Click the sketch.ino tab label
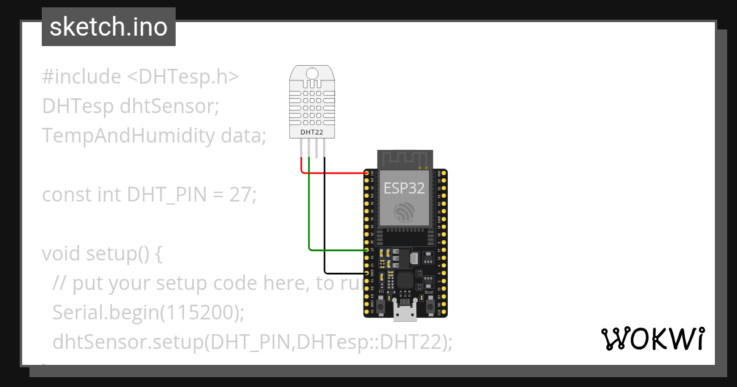[x=108, y=28]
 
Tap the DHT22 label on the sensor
[x=313, y=131]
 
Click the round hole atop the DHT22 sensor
[x=313, y=74]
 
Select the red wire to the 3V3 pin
[x=335, y=173]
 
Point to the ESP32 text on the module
[x=404, y=188]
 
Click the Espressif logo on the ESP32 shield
[x=404, y=213]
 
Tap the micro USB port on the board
[x=405, y=314]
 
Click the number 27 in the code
[x=240, y=195]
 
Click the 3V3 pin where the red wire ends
[x=367, y=173]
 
